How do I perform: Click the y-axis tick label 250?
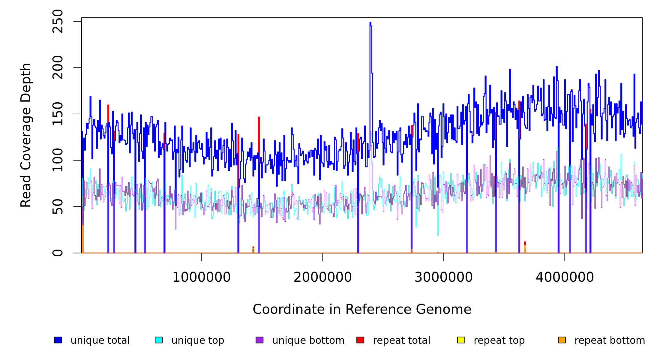pos(58,21)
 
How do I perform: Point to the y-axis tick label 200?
pos(58,68)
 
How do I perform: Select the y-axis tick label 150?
pos(58,114)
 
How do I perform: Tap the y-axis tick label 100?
pos(58,160)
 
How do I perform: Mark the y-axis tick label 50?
pos(58,207)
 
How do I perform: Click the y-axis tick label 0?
pos(58,253)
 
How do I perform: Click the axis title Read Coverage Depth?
pos(26,135)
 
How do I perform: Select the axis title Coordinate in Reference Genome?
pos(362,310)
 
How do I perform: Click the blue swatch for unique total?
pos(58,340)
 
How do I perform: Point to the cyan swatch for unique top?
pos(159,340)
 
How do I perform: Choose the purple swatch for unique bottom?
pos(259,340)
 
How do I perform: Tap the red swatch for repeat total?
pos(360,340)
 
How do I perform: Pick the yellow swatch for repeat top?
pos(461,340)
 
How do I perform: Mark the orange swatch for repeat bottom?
pos(562,340)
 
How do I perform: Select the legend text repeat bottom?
pos(610,340)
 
